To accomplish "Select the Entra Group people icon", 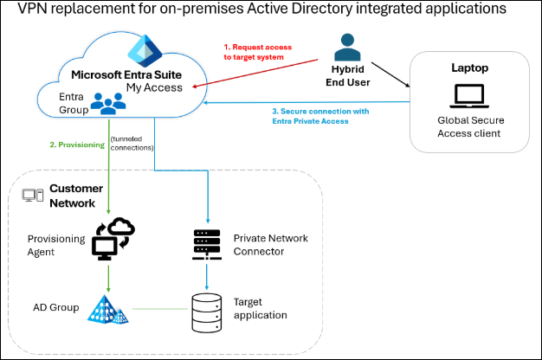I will coord(107,104).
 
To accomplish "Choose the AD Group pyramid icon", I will coord(108,308).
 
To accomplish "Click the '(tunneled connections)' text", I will coord(131,144).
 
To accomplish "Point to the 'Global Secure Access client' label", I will coord(470,127).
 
